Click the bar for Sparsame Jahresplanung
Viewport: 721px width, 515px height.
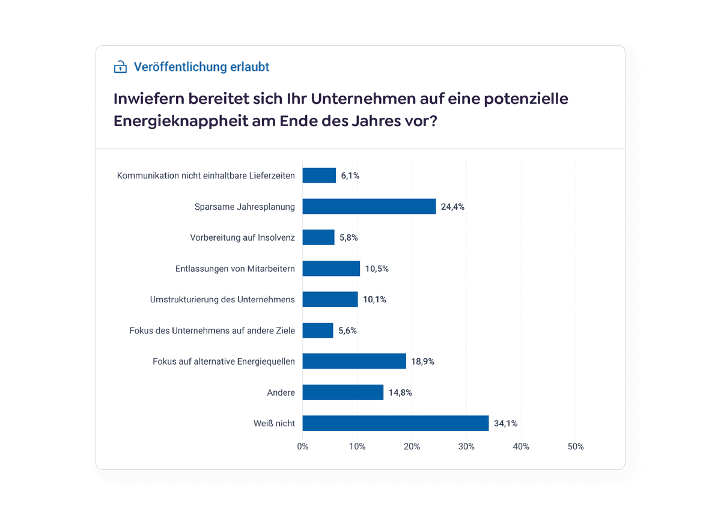369,206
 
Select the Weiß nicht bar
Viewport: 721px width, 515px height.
395,423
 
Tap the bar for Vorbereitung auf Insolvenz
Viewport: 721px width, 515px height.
318,237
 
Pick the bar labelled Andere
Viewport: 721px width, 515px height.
342,392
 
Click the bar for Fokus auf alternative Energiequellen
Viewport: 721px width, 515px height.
354,361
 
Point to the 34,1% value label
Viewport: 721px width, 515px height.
505,423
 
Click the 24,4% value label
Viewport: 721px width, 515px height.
452,207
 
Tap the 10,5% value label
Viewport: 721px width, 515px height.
377,269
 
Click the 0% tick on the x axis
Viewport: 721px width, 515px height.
303,446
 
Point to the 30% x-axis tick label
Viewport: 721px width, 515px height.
466,446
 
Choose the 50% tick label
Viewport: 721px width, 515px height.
576,446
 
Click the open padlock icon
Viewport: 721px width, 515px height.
121,67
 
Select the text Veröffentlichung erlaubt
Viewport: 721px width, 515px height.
201,67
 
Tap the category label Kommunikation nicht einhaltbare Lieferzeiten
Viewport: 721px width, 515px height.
205,175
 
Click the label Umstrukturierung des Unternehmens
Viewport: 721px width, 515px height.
222,299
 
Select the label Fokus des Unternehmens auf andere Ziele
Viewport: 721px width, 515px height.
211,331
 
